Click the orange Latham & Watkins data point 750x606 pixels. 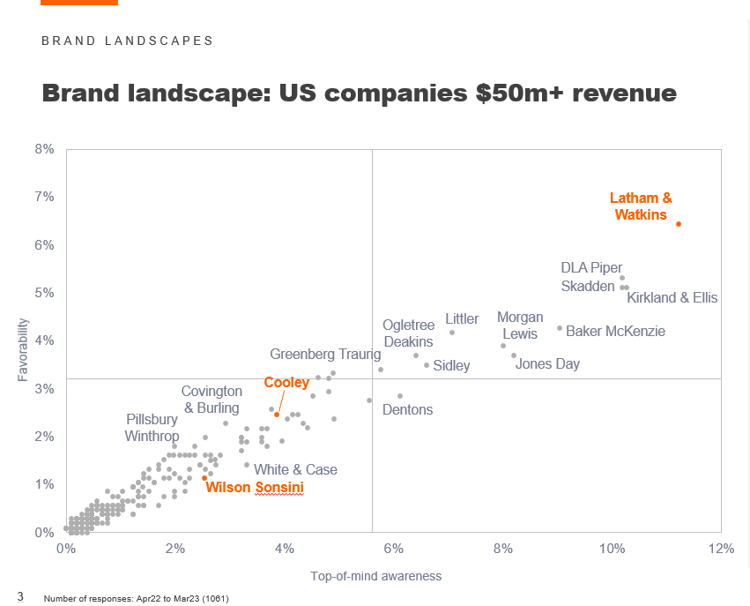(x=679, y=224)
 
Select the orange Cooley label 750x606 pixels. (x=286, y=383)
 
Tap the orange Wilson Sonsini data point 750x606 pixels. (x=204, y=478)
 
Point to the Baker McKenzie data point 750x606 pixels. (x=560, y=328)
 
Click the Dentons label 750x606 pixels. (x=407, y=410)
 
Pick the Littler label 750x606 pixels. (x=462, y=318)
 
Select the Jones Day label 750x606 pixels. (x=547, y=363)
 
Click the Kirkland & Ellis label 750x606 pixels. (x=672, y=298)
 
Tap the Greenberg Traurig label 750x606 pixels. (x=326, y=355)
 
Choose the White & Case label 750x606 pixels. (x=295, y=470)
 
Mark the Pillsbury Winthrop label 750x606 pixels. (x=152, y=427)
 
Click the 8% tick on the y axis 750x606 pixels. (x=44, y=150)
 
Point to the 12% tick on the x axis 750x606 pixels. (x=721, y=549)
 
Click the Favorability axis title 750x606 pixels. (x=25, y=349)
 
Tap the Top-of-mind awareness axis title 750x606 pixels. (x=375, y=576)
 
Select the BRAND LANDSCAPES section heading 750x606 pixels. (x=127, y=41)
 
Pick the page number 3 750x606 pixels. (x=20, y=596)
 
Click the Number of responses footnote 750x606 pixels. (x=136, y=599)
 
